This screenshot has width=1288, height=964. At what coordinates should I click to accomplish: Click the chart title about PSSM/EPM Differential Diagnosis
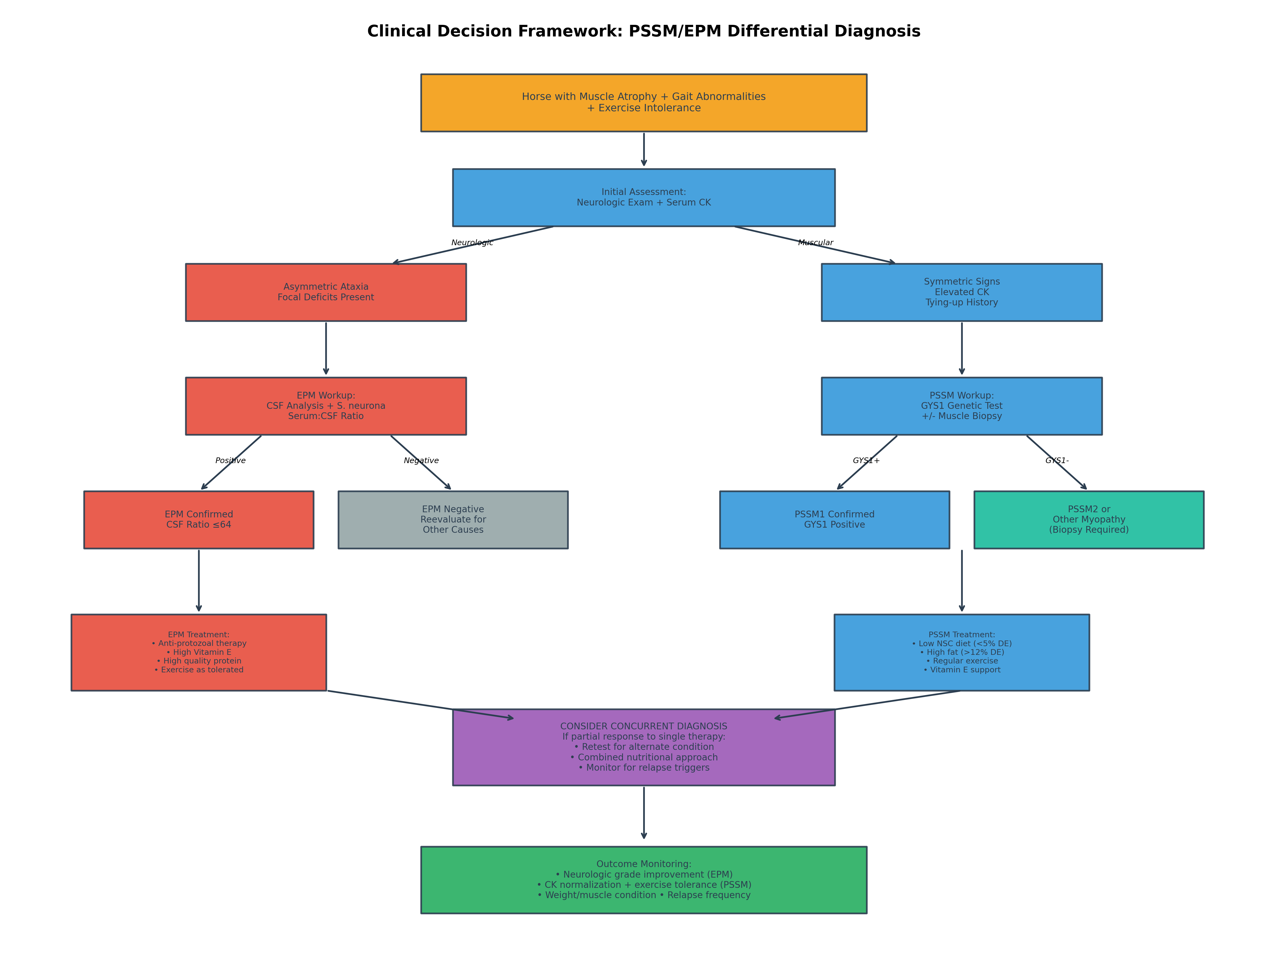coord(643,31)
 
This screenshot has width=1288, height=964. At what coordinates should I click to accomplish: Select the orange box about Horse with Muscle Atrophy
coord(643,102)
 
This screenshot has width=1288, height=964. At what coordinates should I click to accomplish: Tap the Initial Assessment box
coord(643,197)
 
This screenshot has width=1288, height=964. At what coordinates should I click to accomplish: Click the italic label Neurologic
coord(472,243)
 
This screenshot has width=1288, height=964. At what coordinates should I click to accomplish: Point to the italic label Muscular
coord(815,243)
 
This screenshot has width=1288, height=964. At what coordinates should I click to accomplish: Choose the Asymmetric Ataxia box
coord(325,292)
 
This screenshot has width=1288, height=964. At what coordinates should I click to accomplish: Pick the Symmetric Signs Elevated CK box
coord(961,292)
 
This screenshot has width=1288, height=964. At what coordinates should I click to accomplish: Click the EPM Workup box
coord(325,406)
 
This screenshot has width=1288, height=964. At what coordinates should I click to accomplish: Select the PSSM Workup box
coord(961,406)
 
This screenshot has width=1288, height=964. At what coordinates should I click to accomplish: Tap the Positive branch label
coord(230,460)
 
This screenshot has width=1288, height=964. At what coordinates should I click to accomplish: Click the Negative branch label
coord(421,460)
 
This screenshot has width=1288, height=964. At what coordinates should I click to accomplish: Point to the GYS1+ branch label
coord(866,460)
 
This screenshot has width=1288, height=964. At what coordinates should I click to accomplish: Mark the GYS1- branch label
coord(1057,460)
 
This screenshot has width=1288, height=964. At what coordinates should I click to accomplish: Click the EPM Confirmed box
coord(198,519)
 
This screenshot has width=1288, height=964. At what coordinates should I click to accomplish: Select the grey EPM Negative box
coord(453,519)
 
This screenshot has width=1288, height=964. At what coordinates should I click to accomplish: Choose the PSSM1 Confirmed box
coord(834,519)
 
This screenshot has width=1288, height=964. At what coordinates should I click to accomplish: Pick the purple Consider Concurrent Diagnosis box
coord(643,747)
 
